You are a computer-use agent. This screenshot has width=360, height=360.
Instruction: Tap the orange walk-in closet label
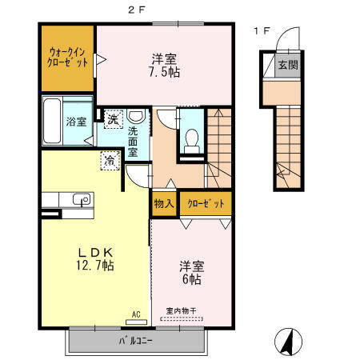pos(67,57)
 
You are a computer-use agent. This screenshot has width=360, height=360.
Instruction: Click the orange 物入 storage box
pos(164,204)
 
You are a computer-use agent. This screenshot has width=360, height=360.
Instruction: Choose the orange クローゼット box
pos(206,204)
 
